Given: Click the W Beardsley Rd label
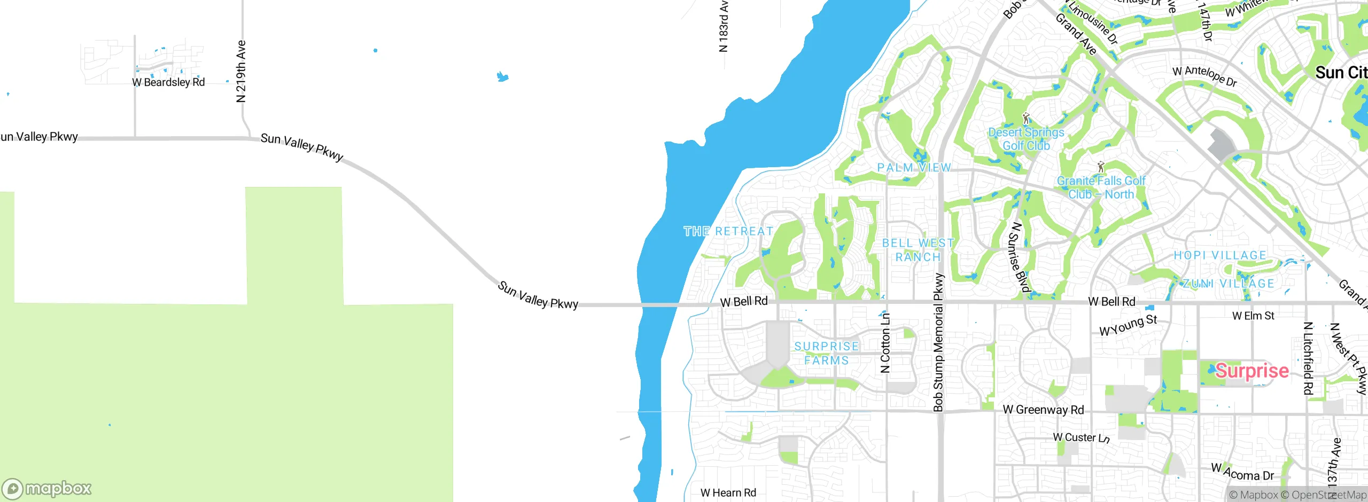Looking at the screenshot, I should (168, 82).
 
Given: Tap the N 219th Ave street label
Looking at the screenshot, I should (241, 71).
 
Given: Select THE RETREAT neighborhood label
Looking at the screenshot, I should (728, 231).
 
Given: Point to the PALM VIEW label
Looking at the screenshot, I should (914, 168).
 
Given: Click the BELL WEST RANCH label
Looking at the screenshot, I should (918, 250).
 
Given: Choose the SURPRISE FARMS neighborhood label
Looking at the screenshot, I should (827, 354).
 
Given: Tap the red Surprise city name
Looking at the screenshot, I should (1252, 371).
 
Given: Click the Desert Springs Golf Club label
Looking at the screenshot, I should (1026, 139).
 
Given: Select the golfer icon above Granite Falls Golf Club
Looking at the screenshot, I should (1100, 167).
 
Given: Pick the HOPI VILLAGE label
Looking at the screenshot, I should (1220, 255).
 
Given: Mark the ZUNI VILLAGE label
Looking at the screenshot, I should (1229, 284).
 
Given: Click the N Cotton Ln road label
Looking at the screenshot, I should (885, 342).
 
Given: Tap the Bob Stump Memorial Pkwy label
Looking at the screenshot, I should (938, 342).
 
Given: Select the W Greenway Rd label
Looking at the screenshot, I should (1043, 410).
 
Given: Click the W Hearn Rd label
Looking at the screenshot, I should (728, 493).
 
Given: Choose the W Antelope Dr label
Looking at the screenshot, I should (1204, 75).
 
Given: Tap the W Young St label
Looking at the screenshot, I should (1128, 325).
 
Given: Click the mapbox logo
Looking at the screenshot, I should (47, 488).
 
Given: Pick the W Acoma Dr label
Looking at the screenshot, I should (1242, 472).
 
